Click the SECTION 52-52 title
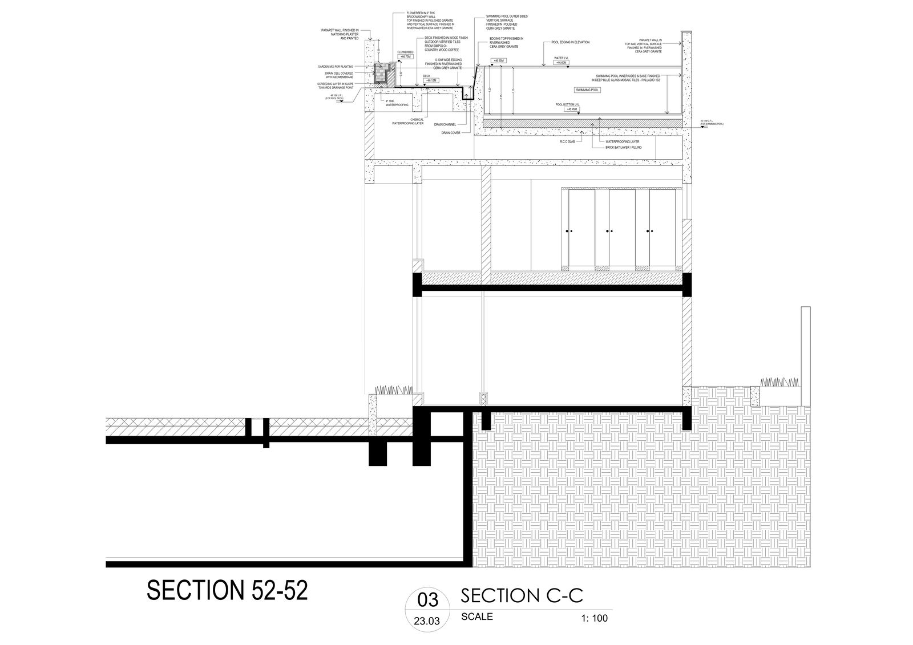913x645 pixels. coord(227,591)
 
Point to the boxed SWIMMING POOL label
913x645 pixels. coord(588,90)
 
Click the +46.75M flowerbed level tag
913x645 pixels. coord(405,57)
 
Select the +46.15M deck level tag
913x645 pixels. coord(431,81)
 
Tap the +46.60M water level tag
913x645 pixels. coord(561,62)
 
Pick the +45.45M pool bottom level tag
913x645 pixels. coord(570,109)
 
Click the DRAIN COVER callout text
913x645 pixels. coord(450,133)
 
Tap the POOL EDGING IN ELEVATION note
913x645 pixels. coord(571,42)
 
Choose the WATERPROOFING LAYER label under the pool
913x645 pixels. coord(622,141)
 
